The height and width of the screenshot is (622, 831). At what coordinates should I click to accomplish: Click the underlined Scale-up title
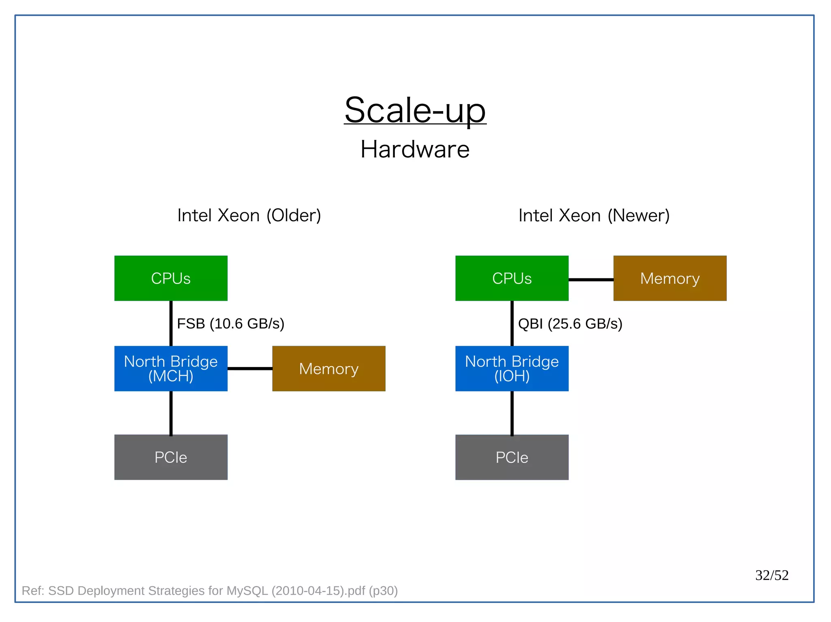[x=415, y=110]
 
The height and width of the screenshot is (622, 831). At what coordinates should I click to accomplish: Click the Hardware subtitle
[x=415, y=149]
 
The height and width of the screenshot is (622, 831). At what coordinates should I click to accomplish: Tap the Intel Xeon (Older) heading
[x=249, y=215]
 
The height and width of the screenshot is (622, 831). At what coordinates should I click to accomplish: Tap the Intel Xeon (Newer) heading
[x=594, y=215]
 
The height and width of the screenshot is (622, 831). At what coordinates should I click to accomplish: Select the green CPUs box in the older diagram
[x=171, y=278]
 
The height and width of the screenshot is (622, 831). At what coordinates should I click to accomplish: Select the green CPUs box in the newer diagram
[x=512, y=278]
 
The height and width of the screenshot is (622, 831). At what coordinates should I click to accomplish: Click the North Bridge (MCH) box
[x=171, y=368]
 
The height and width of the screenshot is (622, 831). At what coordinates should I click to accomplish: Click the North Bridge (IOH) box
[x=512, y=368]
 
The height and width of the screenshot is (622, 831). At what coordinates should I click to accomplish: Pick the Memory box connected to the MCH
[x=329, y=368]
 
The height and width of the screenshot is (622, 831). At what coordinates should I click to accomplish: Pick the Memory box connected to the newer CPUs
[x=670, y=278]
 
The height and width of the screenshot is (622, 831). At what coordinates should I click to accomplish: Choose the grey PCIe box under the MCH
[x=171, y=457]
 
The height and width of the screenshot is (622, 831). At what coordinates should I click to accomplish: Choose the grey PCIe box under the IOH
[x=512, y=457]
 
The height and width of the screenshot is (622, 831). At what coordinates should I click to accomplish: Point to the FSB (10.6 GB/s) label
[x=230, y=323]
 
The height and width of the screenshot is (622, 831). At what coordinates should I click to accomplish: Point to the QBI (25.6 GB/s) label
[x=570, y=323]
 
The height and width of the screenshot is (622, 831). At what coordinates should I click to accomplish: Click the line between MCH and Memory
[x=250, y=368]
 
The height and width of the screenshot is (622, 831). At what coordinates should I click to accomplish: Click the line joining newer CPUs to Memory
[x=591, y=279]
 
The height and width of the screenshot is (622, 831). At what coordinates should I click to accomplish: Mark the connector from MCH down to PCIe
[x=171, y=413]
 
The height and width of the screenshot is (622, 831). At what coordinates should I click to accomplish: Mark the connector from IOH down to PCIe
[x=512, y=413]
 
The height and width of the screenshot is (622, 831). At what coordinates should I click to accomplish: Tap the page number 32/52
[x=772, y=575]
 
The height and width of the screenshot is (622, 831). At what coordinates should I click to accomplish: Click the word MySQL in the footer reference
[x=247, y=590]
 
